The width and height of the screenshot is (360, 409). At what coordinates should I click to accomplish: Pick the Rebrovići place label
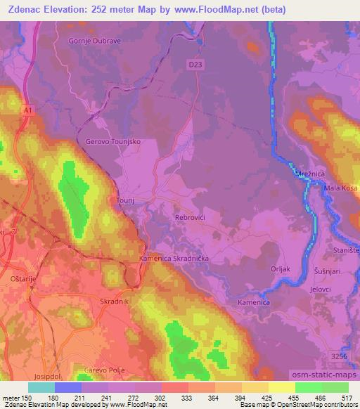coord(189,218)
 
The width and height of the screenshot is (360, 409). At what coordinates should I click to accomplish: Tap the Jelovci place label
coord(323,289)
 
